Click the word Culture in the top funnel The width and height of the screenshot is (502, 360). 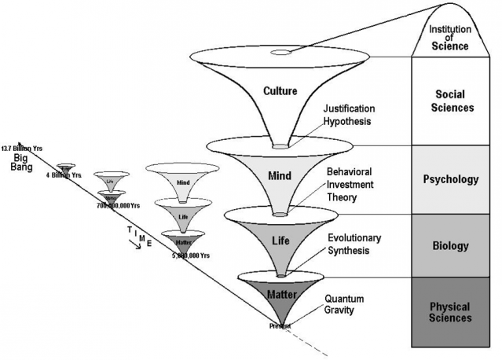pos(280,91)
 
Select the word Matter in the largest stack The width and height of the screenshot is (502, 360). pos(280,294)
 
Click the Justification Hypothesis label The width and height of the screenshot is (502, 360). pos(350,116)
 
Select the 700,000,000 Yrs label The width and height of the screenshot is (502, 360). pos(118,204)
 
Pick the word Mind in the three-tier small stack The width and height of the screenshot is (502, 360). pos(183,182)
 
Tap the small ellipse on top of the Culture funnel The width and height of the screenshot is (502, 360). pos(280,53)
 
